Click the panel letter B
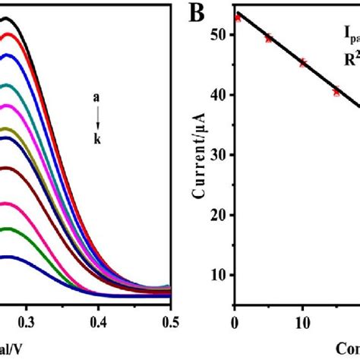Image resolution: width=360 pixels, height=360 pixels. tap(199, 13)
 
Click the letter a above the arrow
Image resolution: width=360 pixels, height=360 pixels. tap(96, 98)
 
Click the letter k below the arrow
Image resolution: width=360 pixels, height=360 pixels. tap(96, 140)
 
